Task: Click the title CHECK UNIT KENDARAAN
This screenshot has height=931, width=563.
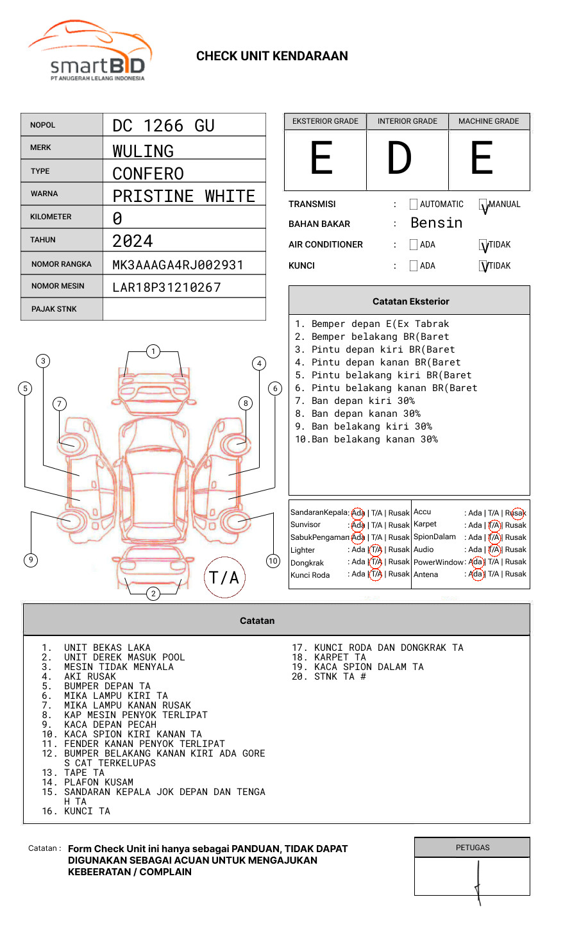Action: [272, 56]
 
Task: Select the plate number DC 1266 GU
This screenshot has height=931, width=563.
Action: [164, 126]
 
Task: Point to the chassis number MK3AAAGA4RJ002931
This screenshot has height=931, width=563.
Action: [178, 265]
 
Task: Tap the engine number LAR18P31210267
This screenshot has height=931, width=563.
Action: [166, 287]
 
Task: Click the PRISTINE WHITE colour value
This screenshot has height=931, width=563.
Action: [183, 196]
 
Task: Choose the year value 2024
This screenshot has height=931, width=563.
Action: [133, 241]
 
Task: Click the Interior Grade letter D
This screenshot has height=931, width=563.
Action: [399, 158]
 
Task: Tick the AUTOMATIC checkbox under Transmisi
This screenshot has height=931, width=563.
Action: [414, 205]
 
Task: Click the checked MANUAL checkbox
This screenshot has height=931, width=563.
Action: [483, 205]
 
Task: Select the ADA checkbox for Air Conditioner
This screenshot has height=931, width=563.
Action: [414, 245]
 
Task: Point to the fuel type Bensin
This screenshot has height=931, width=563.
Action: [436, 223]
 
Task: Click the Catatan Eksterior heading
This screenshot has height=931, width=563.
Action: [410, 301]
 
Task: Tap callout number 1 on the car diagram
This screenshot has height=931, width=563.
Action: [153, 351]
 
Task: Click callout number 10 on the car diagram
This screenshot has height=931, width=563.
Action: [273, 561]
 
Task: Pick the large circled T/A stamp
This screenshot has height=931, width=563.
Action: [224, 578]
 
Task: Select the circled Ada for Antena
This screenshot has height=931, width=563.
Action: [476, 575]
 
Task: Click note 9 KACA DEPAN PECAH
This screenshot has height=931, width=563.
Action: [110, 725]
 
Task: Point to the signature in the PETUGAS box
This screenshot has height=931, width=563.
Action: [478, 882]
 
